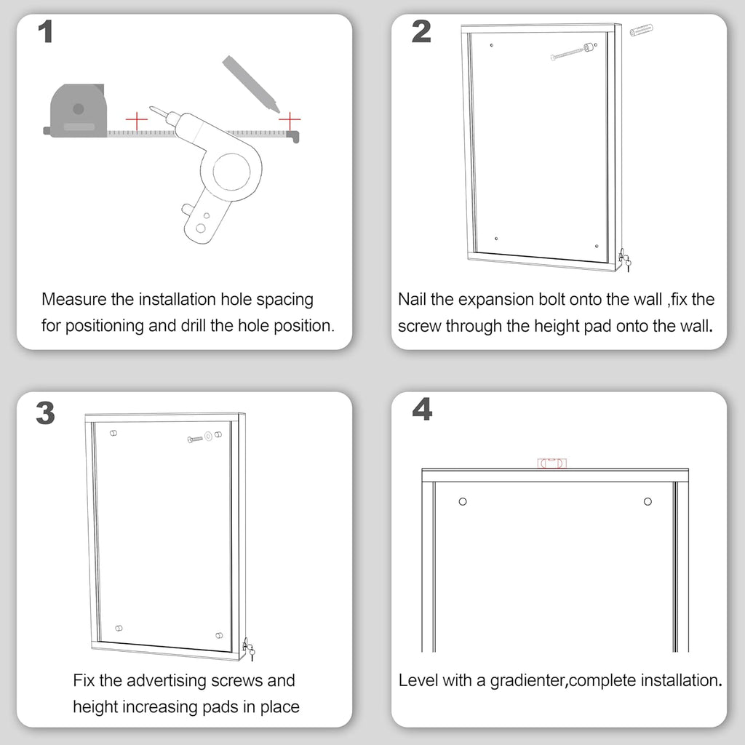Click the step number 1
(x=45, y=33)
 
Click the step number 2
(x=421, y=32)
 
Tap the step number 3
(x=45, y=413)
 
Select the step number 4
(x=421, y=410)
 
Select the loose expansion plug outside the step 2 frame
(x=642, y=31)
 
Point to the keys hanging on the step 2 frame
(x=624, y=260)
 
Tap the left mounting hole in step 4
(x=463, y=501)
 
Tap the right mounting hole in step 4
(x=648, y=501)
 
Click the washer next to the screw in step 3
(x=208, y=437)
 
